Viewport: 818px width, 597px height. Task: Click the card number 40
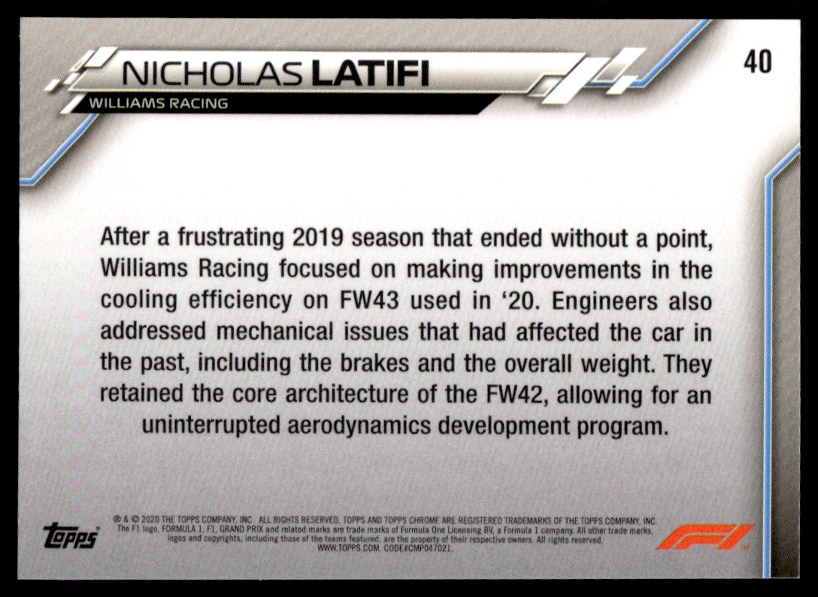tap(758, 62)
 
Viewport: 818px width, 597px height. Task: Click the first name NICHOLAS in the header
tap(212, 74)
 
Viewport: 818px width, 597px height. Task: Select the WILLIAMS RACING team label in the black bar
tap(159, 103)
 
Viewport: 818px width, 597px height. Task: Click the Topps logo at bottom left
tap(71, 535)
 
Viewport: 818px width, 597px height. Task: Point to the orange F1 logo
tap(704, 537)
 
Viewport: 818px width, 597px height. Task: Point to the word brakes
tap(374, 363)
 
